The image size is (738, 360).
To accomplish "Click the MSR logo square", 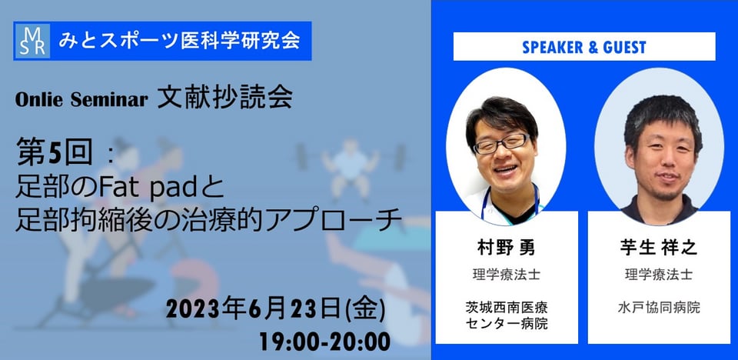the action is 32,41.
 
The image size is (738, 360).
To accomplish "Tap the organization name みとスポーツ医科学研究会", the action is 179,41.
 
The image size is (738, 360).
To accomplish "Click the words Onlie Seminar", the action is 81,99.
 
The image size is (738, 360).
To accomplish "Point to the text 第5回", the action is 55,151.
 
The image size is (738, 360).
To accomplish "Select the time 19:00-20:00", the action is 324,342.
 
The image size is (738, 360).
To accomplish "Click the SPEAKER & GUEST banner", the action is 584,47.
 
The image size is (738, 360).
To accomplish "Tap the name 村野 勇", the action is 506,248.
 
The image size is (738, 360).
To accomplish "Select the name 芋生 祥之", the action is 659,248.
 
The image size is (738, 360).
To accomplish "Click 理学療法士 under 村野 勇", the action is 507,275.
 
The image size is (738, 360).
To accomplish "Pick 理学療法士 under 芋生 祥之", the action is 659,275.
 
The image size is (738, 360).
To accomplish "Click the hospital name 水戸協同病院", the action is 659,308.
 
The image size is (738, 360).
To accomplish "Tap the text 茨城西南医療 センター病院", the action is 507,315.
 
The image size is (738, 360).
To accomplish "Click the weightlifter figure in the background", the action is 351,167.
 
